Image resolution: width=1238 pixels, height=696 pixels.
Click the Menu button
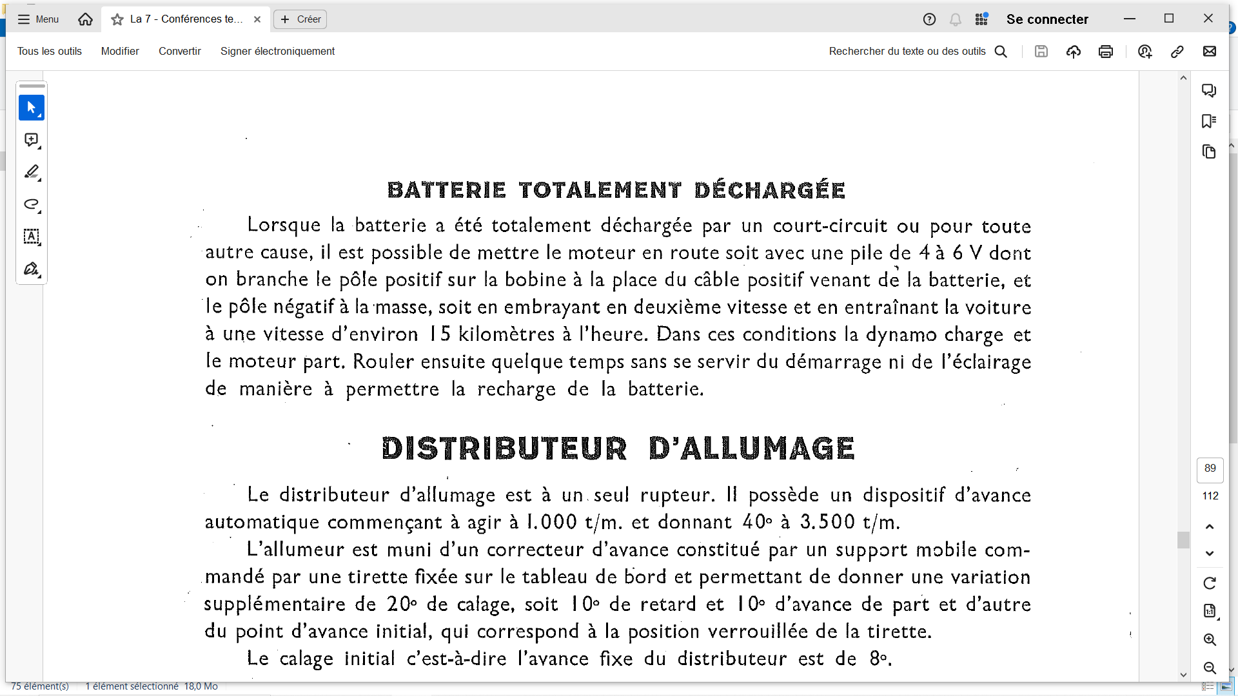click(38, 19)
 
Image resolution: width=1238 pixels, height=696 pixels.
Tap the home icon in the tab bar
click(85, 19)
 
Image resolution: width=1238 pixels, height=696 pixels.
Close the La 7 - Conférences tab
click(257, 19)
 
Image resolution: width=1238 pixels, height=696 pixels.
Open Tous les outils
click(50, 52)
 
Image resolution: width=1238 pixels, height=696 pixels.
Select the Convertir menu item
click(180, 52)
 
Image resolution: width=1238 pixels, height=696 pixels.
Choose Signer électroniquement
click(277, 52)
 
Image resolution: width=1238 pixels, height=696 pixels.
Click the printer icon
click(1106, 52)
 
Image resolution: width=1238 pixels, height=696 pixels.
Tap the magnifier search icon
click(1001, 52)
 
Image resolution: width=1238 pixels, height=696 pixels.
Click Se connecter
click(1047, 19)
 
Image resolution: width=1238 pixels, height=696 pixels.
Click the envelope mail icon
click(1210, 52)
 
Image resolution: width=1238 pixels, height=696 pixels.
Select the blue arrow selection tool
click(32, 108)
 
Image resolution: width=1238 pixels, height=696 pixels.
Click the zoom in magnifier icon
click(1210, 640)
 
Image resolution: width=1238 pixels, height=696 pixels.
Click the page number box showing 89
click(1210, 469)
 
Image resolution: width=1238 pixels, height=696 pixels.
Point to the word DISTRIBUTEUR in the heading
click(504, 449)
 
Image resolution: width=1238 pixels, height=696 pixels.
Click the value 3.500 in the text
click(828, 522)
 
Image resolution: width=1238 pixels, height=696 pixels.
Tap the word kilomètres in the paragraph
click(506, 334)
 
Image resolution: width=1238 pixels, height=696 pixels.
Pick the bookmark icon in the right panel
click(1209, 121)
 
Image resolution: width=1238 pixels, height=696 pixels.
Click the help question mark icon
click(929, 19)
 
